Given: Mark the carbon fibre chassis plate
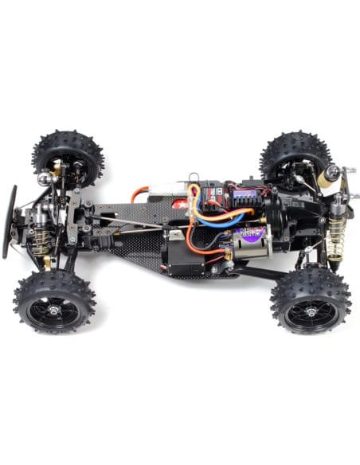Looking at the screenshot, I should [x=135, y=251].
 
